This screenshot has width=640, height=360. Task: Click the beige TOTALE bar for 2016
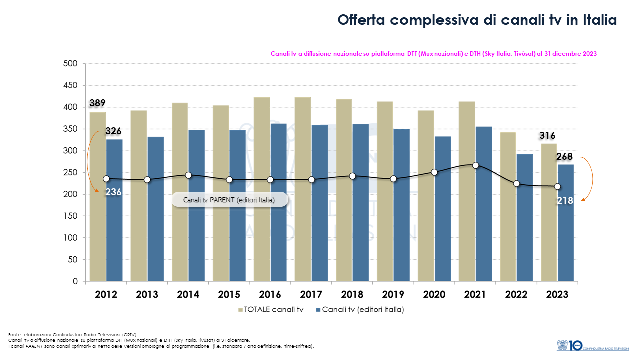[262, 189]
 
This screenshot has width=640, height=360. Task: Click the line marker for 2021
[475, 165]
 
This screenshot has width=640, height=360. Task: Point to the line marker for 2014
[188, 175]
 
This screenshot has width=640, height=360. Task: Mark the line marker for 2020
[434, 172]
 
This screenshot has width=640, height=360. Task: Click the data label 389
[98, 103]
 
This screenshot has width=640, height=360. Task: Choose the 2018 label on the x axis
[352, 295]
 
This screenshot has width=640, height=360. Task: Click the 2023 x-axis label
[557, 295]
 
